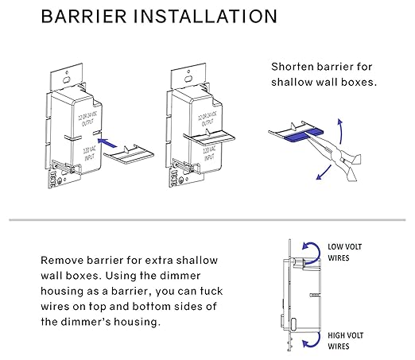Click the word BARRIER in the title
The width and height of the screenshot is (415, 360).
click(84, 17)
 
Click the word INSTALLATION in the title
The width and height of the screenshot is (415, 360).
click(205, 17)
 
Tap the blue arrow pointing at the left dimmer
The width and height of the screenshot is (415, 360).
click(107, 143)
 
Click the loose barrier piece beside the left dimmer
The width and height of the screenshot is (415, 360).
click(129, 154)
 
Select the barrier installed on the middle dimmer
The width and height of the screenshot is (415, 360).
click(209, 137)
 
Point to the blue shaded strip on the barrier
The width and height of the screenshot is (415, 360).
click(304, 134)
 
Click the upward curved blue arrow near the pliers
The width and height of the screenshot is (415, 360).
click(340, 131)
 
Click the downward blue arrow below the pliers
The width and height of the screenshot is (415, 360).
click(324, 172)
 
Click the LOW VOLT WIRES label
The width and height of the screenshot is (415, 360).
click(344, 252)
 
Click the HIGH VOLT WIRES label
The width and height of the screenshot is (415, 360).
click(345, 341)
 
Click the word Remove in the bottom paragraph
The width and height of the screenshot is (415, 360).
click(62, 261)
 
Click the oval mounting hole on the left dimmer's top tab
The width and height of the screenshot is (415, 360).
click(67, 79)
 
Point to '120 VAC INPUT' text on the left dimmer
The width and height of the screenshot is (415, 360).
click(89, 153)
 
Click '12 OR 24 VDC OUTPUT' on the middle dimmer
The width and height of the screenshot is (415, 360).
click(207, 119)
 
